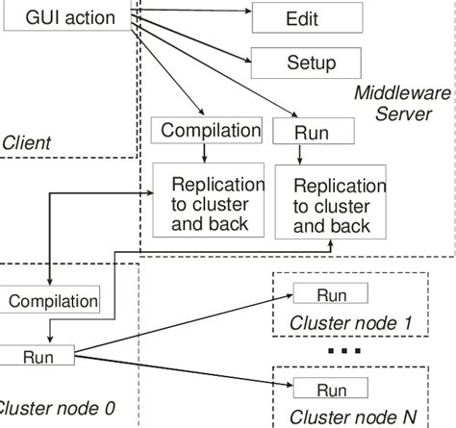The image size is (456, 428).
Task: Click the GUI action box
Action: pos(69,17)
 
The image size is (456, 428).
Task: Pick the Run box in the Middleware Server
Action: pos(299,132)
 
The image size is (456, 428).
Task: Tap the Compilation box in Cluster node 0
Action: pos(53,301)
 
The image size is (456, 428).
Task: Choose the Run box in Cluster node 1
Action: pos(331,292)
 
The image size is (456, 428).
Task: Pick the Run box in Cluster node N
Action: pos(331,390)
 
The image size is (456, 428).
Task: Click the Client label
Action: pos(26,143)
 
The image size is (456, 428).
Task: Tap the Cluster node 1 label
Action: pos(351,324)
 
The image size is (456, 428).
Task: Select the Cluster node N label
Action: pos(353,417)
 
